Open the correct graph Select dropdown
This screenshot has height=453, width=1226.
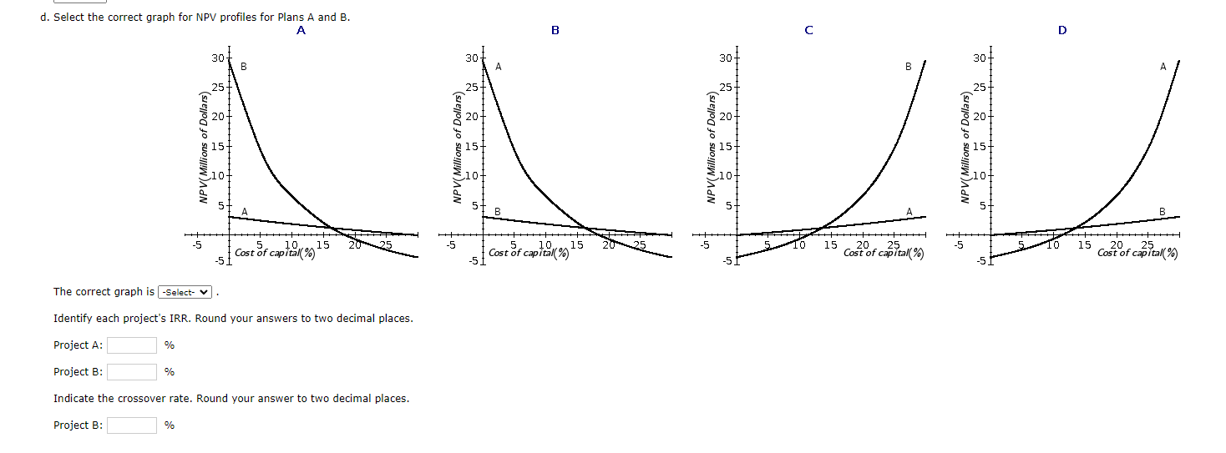tap(185, 292)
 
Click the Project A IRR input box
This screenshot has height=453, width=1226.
tap(131, 345)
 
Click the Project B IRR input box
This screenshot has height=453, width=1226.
tap(131, 372)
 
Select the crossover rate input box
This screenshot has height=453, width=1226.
tap(131, 425)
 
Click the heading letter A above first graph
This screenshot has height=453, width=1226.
tap(301, 30)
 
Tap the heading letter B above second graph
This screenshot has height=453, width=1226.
tap(555, 30)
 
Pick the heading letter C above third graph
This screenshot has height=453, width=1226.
tap(808, 30)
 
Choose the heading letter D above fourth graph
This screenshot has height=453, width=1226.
tap(1062, 30)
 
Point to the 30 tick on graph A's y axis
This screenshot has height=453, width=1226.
tap(217, 58)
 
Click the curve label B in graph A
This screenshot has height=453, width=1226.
tap(244, 66)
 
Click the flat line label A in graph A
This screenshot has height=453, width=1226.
tap(244, 211)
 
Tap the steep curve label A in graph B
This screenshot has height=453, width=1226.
tap(499, 66)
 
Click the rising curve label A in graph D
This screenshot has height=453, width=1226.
tap(1163, 66)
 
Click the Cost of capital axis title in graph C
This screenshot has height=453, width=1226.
tap(884, 253)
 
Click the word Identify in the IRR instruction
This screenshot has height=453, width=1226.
tap(73, 319)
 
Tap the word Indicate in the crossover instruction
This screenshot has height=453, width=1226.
tap(73, 399)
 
